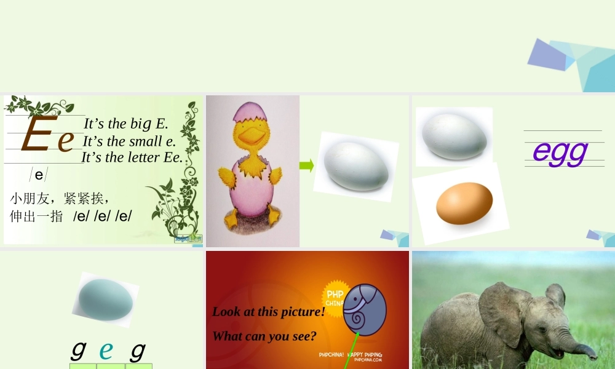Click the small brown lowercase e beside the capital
(x=66, y=141)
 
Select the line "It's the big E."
(x=125, y=124)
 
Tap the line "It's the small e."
(x=129, y=141)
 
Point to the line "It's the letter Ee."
(x=132, y=157)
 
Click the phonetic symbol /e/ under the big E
(x=39, y=175)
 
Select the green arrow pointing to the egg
(x=306, y=165)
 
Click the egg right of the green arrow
(x=356, y=166)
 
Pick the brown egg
(x=464, y=203)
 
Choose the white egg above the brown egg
(x=453, y=136)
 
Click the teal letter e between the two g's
(x=106, y=350)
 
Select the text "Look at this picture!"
(x=268, y=312)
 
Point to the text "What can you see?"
(x=264, y=336)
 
